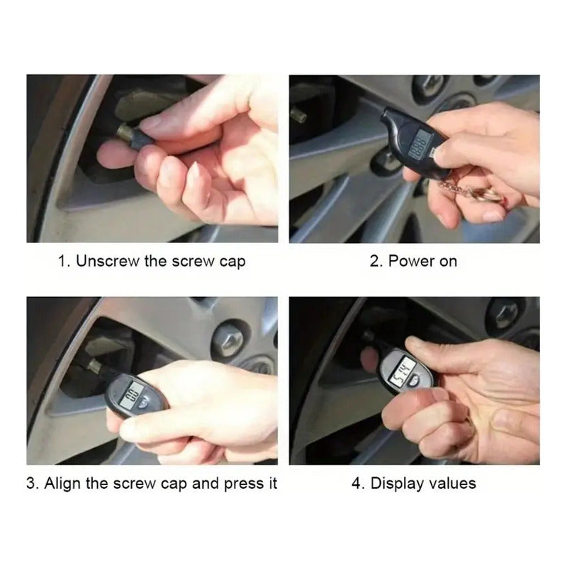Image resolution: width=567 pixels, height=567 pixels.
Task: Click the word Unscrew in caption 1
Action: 108,261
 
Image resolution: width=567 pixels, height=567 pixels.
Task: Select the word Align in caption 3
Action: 62,483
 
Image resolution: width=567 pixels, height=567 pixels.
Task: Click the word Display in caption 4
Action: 397,484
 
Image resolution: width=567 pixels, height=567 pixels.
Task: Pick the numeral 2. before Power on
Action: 376,261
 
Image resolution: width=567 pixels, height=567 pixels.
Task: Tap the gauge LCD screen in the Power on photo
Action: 419,145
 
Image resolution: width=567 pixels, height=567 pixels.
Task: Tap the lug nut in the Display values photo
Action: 505,315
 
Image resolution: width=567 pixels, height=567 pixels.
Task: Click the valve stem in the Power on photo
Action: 298,115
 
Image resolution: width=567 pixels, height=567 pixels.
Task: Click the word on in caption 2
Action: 448,262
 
